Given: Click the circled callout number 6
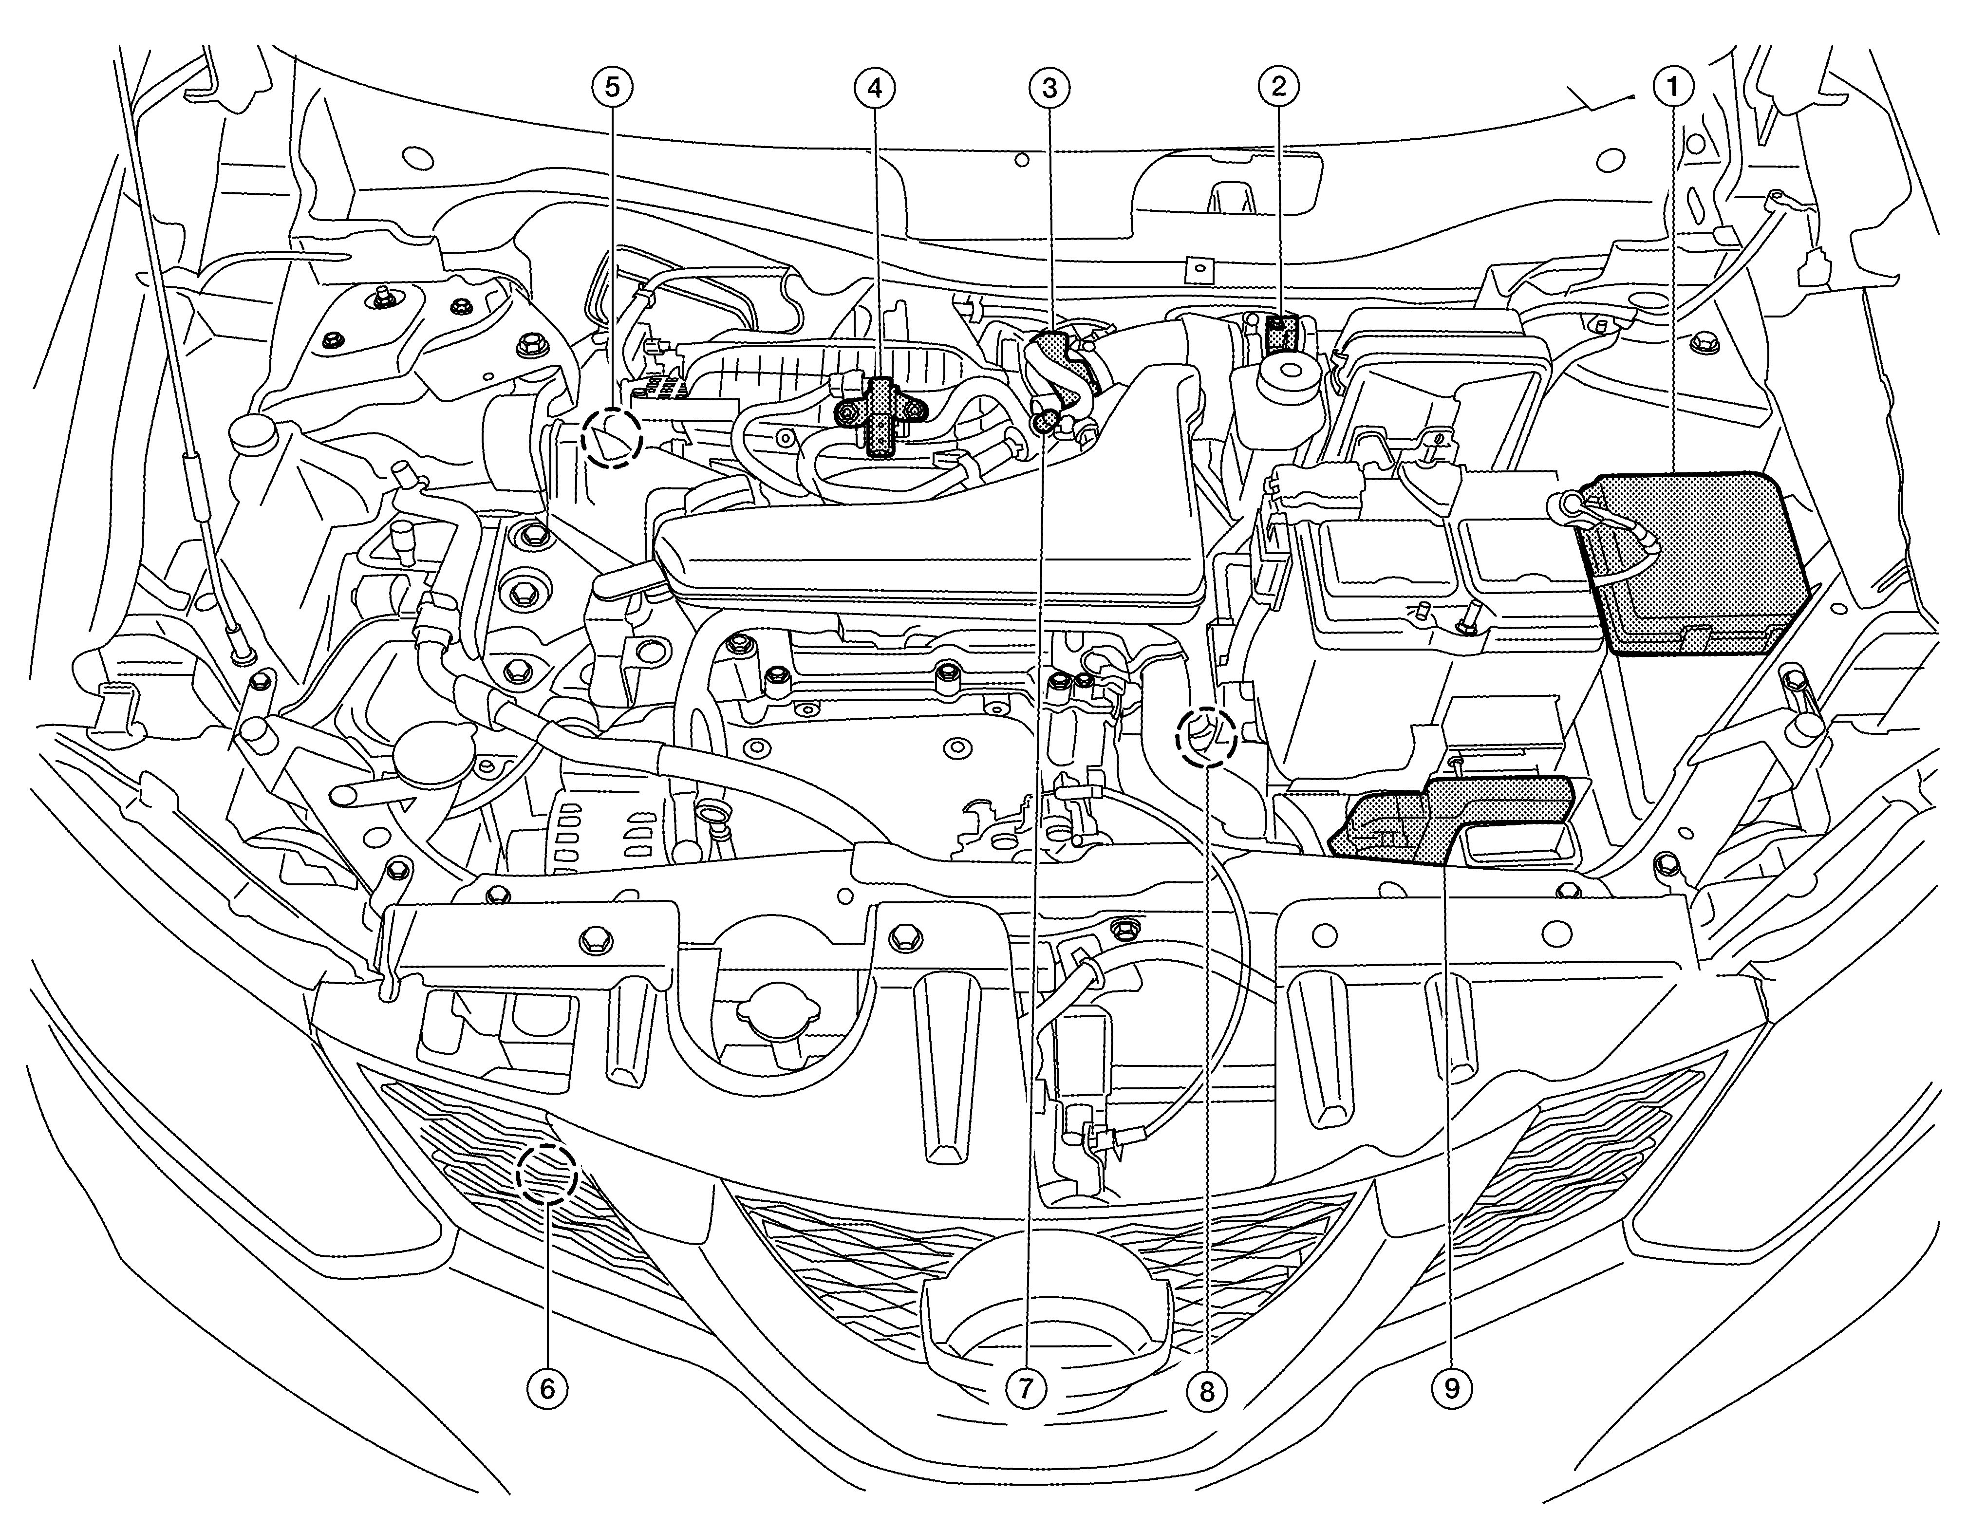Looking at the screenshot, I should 547,1388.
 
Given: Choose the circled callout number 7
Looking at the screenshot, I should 1026,1388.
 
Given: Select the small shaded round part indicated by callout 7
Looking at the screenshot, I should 1045,421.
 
